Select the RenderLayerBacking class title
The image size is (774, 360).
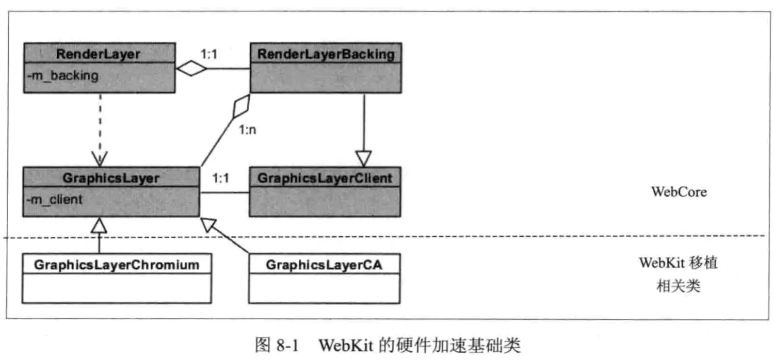pos(325,53)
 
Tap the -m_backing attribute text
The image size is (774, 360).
pos(62,76)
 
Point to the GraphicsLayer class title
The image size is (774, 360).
pos(110,178)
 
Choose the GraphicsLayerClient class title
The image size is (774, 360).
pos(325,178)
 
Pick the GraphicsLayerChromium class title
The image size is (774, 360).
pos(117,265)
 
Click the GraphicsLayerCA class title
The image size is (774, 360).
pos(325,265)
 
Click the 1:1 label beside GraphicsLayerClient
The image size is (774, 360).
pos(220,178)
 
